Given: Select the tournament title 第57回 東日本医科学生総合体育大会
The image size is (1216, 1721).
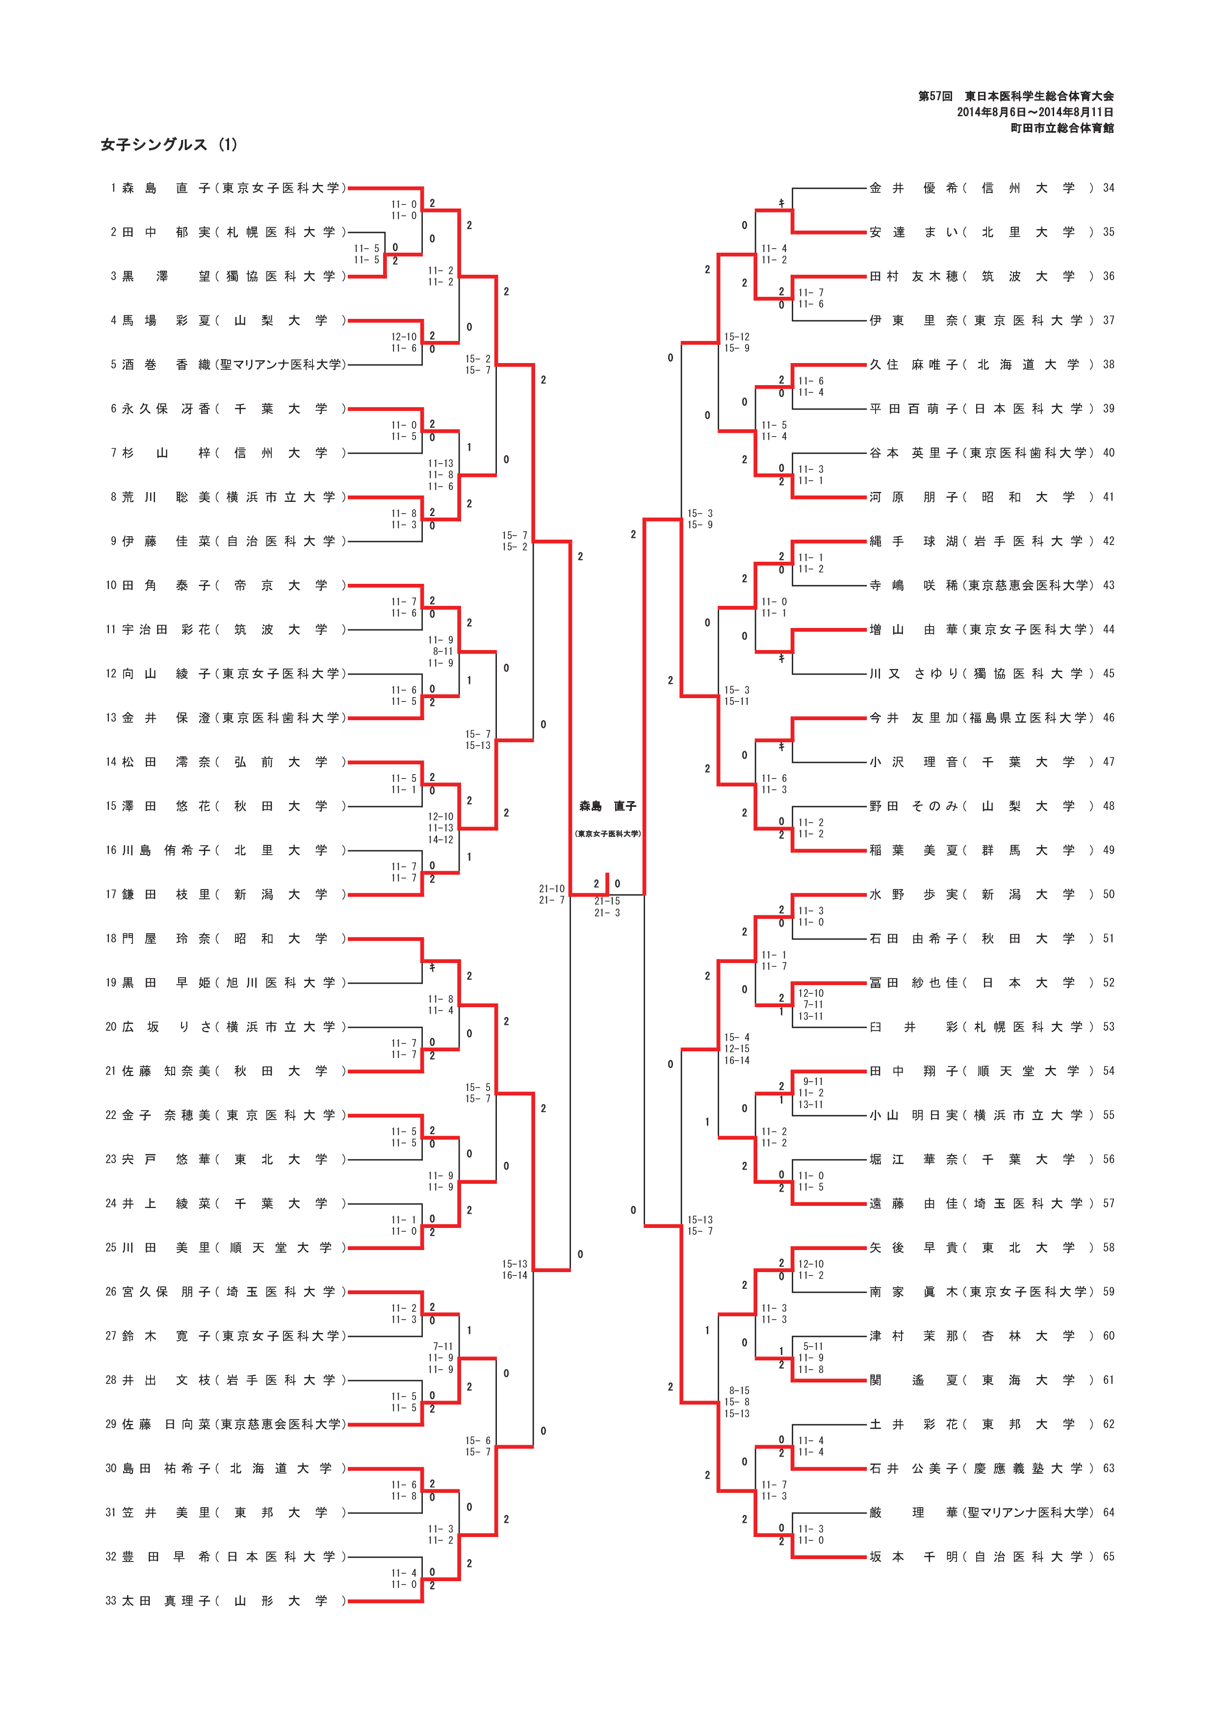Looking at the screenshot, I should [x=1015, y=96].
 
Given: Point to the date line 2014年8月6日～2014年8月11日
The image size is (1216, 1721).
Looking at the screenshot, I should [x=1035, y=112].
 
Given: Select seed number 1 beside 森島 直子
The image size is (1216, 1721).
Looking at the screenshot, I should [x=113, y=188].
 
